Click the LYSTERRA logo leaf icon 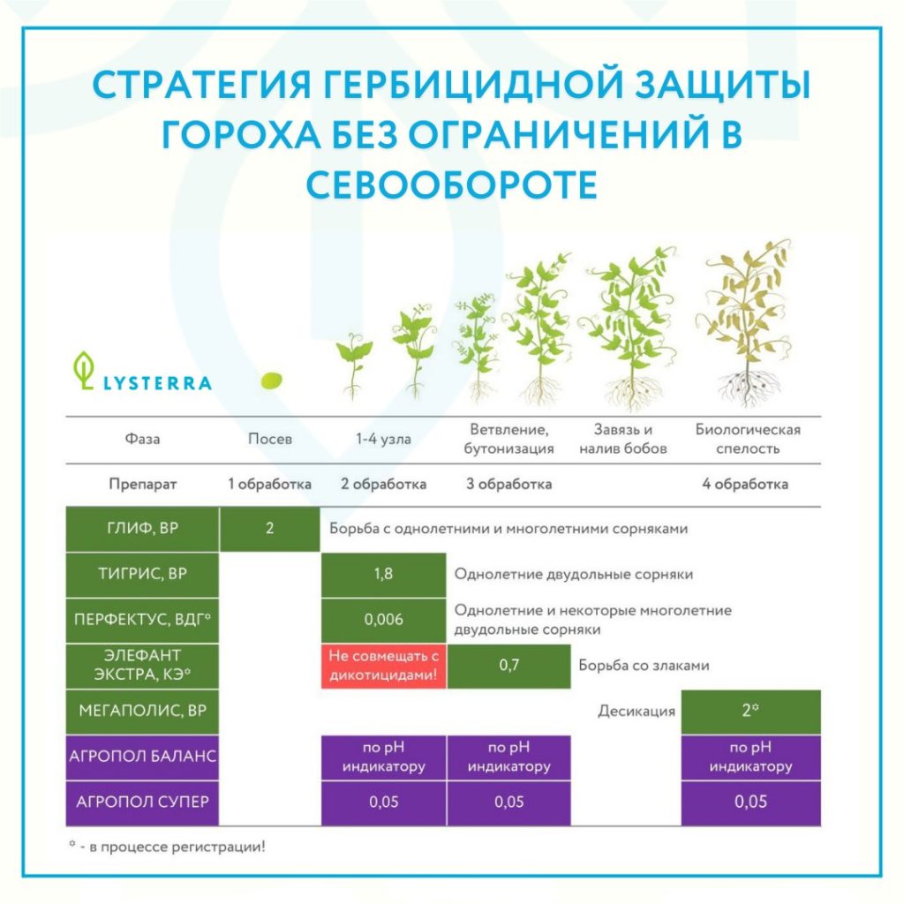[84, 370]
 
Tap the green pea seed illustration [272, 380]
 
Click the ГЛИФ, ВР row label [142, 529]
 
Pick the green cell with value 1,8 [383, 574]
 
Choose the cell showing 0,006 [383, 620]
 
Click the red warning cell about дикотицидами [383, 666]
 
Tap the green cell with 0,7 [509, 666]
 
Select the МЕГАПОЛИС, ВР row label [142, 711]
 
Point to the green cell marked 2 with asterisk [750, 711]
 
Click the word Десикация [637, 711]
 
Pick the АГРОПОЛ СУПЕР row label [142, 802]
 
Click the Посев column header [270, 440]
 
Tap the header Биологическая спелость [748, 439]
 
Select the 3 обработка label [509, 485]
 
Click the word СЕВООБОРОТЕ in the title [451, 185]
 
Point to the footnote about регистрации [167, 847]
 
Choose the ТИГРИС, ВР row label [142, 574]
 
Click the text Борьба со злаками [644, 666]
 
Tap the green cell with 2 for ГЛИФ [270, 529]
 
